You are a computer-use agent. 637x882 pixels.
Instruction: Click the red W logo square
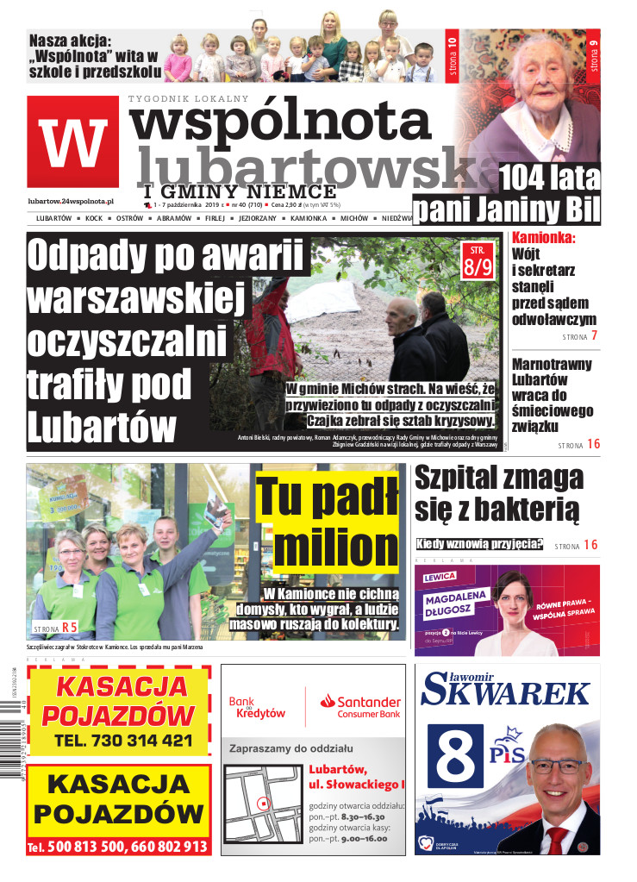(x=72, y=142)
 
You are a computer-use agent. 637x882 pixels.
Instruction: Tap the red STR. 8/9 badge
(x=478, y=260)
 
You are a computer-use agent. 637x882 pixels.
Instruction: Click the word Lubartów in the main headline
(x=103, y=428)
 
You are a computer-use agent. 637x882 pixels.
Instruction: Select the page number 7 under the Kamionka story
(x=594, y=335)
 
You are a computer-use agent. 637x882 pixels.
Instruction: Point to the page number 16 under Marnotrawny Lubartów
(x=593, y=445)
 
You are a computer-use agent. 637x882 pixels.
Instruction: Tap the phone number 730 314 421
(x=123, y=741)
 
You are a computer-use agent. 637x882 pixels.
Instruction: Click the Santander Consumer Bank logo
(x=359, y=707)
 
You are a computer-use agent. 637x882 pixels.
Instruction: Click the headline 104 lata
(x=550, y=178)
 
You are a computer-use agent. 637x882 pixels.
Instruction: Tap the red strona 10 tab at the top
(x=451, y=58)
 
